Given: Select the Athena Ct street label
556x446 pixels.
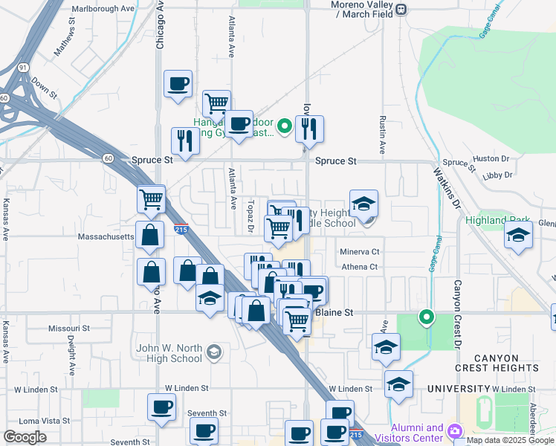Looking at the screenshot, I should pyautogui.click(x=360, y=267).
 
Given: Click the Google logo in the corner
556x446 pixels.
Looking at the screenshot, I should pyautogui.click(x=25, y=437).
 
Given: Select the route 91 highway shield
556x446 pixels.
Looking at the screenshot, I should pyautogui.click(x=24, y=67).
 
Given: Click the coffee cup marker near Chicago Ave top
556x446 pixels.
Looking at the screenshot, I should pyautogui.click(x=178, y=83).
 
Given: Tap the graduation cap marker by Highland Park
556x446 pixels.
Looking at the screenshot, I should pyautogui.click(x=518, y=236).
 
